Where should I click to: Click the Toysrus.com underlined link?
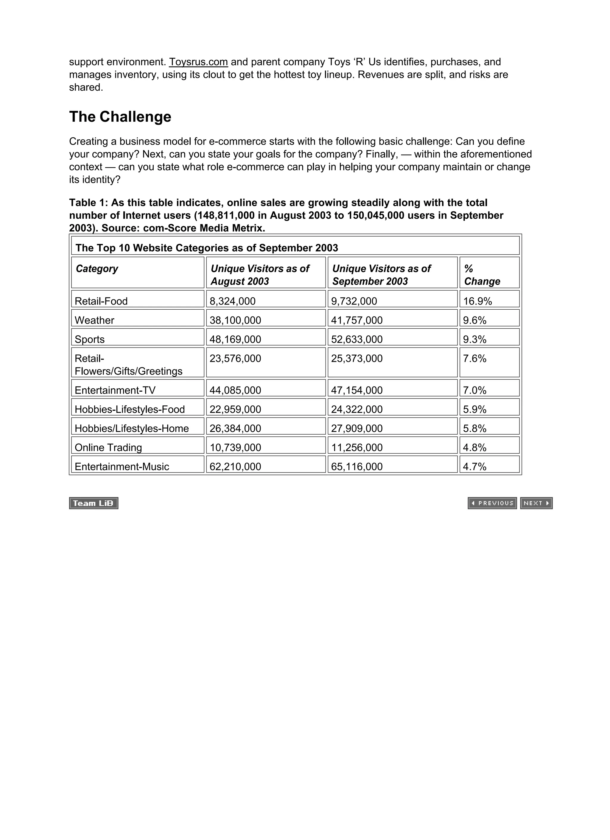click(x=198, y=62)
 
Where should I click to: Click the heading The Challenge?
click(x=120, y=117)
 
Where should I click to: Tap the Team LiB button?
click(x=94, y=503)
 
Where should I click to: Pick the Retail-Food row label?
click(x=101, y=301)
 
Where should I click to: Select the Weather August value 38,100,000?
click(x=235, y=320)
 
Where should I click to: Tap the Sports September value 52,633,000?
click(x=357, y=339)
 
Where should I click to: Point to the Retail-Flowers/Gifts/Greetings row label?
click(x=128, y=365)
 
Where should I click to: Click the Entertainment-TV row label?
click(x=115, y=390)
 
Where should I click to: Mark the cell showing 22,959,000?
click(x=235, y=409)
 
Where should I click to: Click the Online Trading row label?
click(x=108, y=447)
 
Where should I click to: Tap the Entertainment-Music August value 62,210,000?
click(x=235, y=466)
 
